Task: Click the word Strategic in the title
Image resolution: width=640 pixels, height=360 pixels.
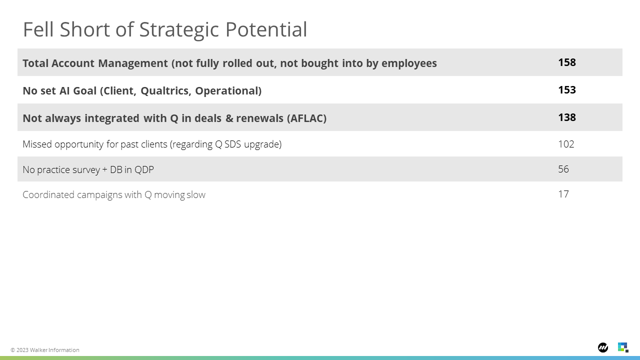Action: coord(179,30)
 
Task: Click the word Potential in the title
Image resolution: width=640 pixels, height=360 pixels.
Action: coord(266,29)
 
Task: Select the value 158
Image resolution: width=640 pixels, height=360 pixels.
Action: coord(567,62)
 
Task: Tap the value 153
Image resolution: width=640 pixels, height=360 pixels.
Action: coord(567,89)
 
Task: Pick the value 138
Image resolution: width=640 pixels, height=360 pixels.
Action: coord(567,117)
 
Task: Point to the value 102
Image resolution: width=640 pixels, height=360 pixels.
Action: coord(566,144)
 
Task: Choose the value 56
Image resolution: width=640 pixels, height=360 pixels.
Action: coord(563,169)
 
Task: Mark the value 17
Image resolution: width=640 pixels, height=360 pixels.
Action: coord(563,194)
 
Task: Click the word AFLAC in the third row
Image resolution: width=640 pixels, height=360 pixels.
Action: coord(306,118)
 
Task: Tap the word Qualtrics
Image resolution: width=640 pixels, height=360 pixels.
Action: coord(165,91)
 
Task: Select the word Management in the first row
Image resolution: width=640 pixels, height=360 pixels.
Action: coord(133,63)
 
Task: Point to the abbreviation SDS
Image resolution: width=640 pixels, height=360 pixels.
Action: coord(232,144)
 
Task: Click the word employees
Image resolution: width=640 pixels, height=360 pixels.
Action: coord(409,63)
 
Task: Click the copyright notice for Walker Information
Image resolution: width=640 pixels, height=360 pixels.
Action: coord(45,350)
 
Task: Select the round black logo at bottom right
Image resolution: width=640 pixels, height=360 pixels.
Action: coord(603,347)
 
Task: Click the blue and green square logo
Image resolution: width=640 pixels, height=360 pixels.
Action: coord(623,347)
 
